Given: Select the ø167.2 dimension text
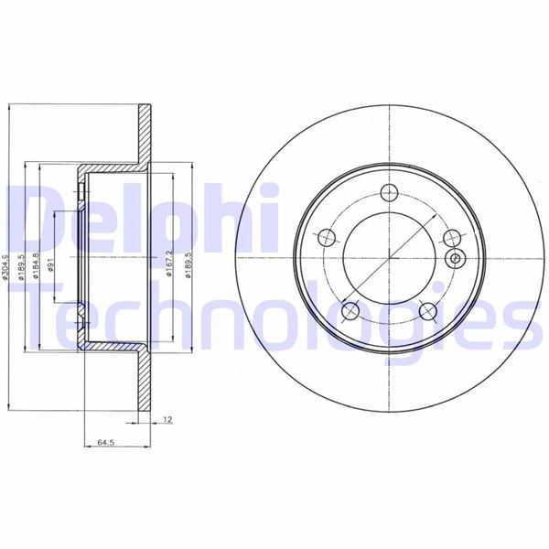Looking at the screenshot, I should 170,265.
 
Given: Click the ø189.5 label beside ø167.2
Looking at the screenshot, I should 187,266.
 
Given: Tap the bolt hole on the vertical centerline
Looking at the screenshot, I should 389,192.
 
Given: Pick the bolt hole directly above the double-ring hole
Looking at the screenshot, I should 450,238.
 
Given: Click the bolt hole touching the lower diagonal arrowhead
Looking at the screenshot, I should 350,311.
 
